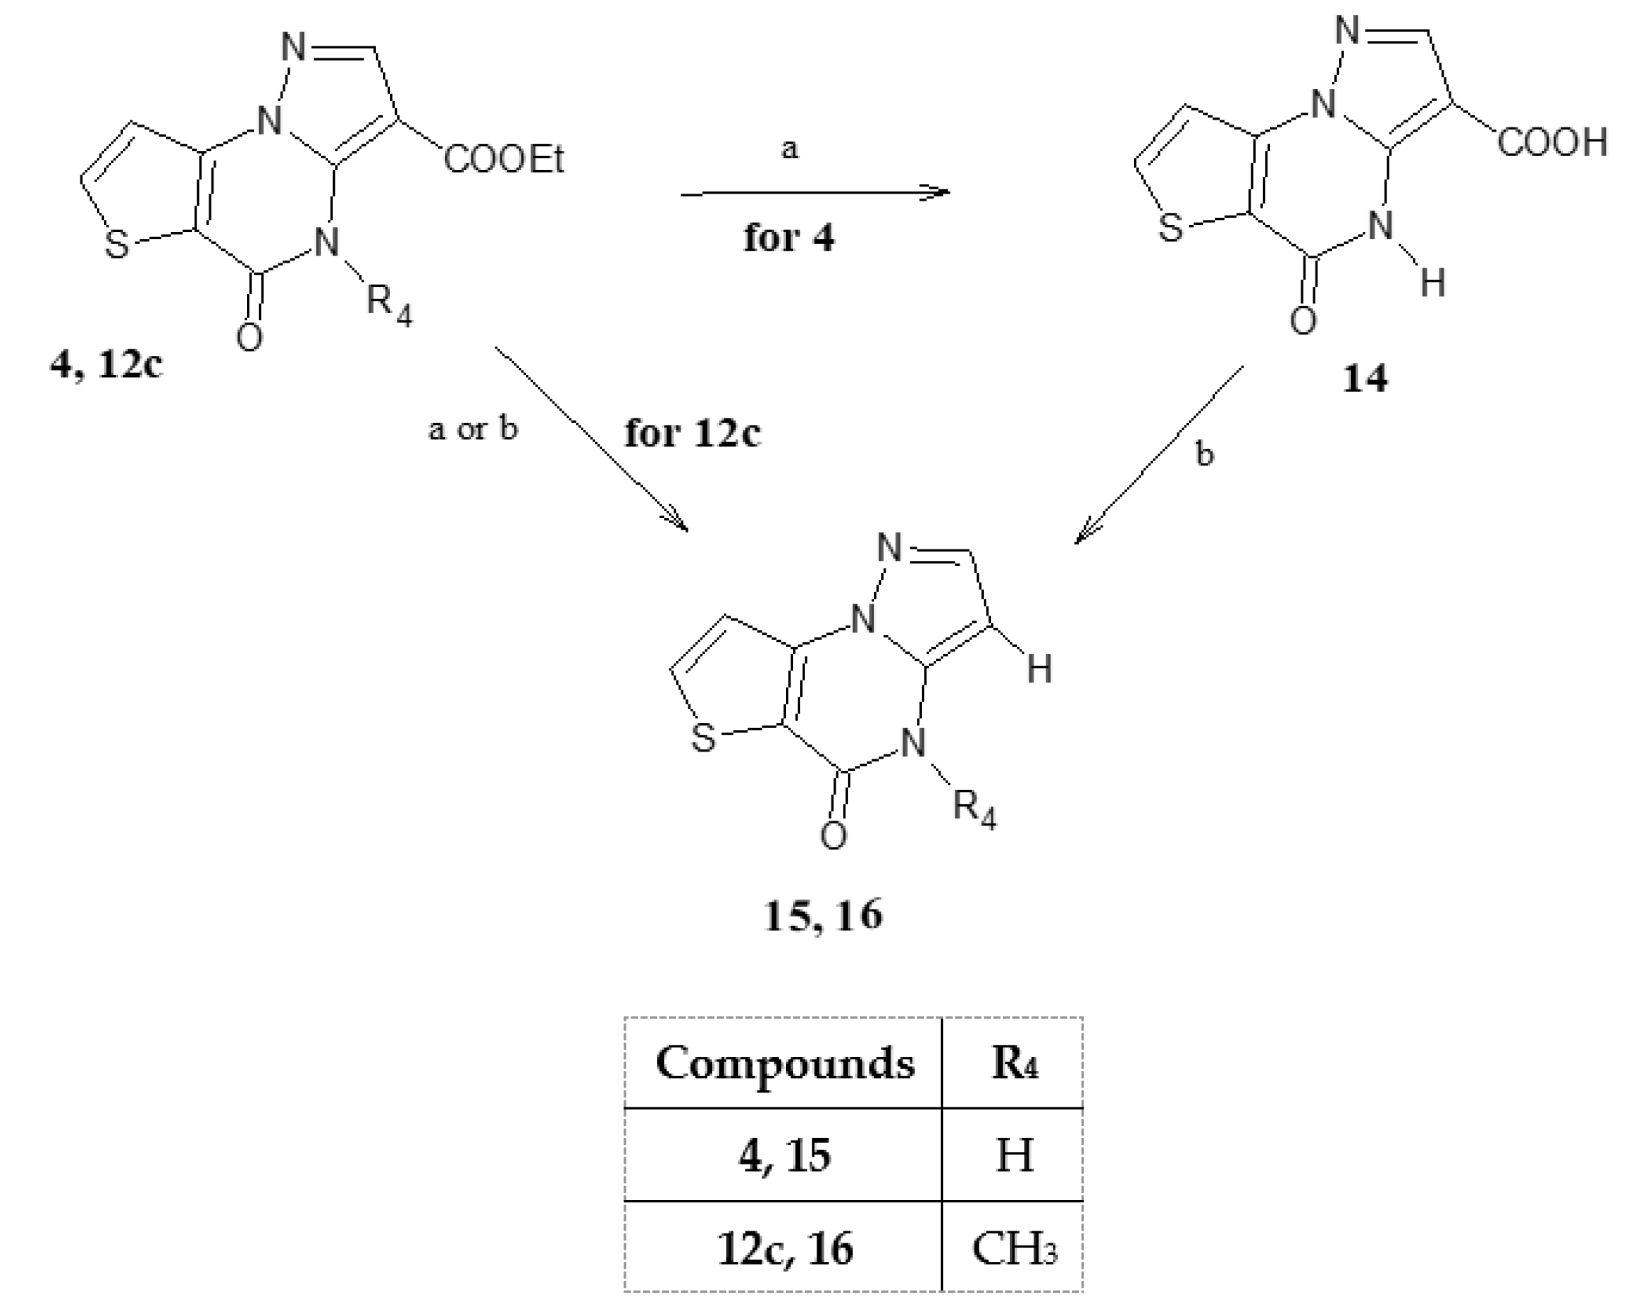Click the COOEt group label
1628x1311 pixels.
pyautogui.click(x=504, y=159)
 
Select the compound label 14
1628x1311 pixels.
pyautogui.click(x=1365, y=379)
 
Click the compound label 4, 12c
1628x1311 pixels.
pyautogui.click(x=106, y=364)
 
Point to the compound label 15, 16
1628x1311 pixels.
pyautogui.click(x=822, y=915)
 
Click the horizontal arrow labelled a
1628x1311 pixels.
pyautogui.click(x=816, y=194)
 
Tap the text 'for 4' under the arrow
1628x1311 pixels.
pyautogui.click(x=789, y=238)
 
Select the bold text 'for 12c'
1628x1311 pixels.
pyautogui.click(x=693, y=433)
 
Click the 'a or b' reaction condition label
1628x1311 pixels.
pyautogui.click(x=473, y=429)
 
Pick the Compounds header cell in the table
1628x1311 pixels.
pyautogui.click(x=784, y=1063)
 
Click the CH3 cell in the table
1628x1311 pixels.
pyautogui.click(x=1014, y=1248)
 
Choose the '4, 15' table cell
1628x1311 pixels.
pyautogui.click(x=784, y=1155)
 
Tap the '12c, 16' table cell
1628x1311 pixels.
pyautogui.click(x=784, y=1248)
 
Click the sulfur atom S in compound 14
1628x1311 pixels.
pyautogui.click(x=1170, y=228)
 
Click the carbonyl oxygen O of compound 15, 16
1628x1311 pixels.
pyautogui.click(x=833, y=836)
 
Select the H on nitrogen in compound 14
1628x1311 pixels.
pyautogui.click(x=1432, y=284)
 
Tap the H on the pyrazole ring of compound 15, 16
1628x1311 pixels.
pyautogui.click(x=1039, y=669)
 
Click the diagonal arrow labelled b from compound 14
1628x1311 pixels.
pyautogui.click(x=1159, y=455)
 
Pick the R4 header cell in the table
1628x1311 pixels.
pyautogui.click(x=1014, y=1063)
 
